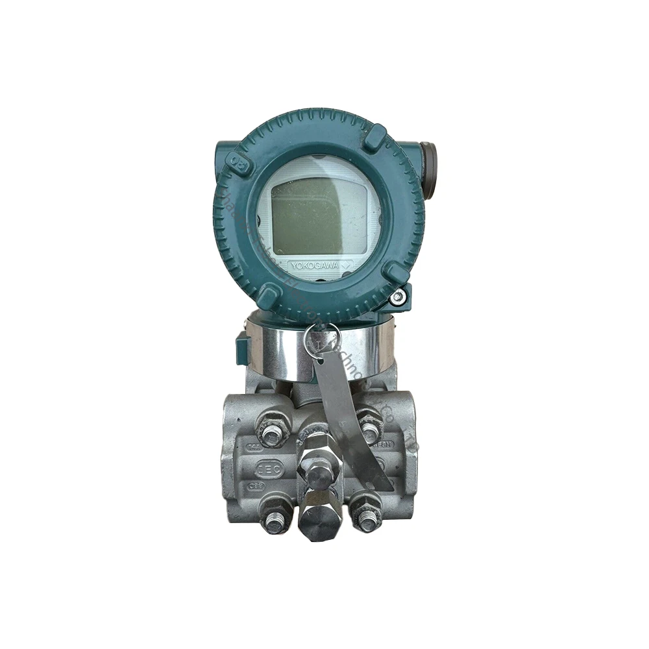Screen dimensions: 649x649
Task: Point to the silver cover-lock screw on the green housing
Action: tap(398, 296)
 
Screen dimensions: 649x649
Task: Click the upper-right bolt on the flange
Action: tap(370, 429)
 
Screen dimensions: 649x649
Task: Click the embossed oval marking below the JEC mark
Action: tap(255, 486)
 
